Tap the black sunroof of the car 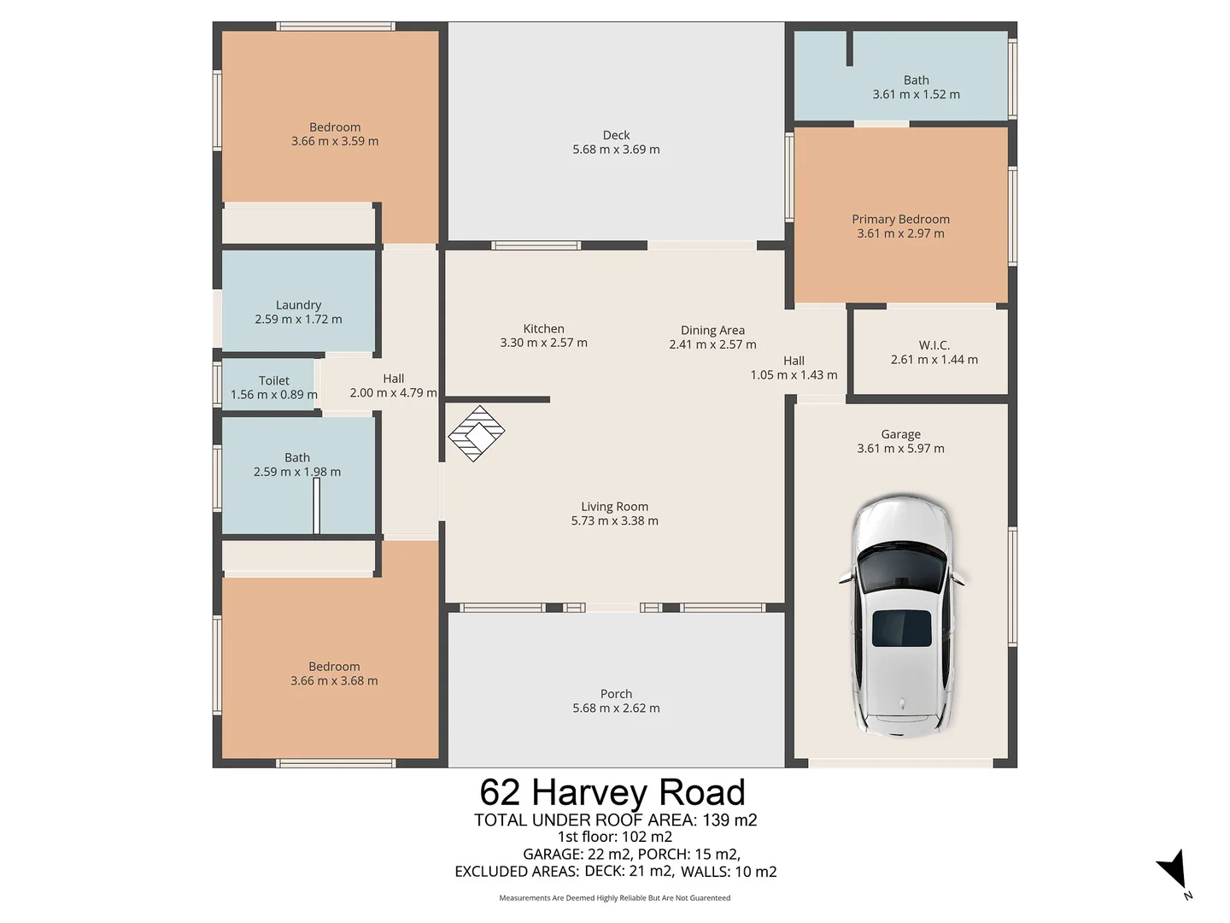pos(901,628)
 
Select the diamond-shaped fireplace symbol pos(477,433)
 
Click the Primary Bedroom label pos(900,220)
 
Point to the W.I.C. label pos(934,345)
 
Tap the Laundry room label pos(298,305)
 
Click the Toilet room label pos(273,381)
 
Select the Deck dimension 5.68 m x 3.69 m pos(616,150)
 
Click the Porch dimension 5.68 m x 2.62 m pos(616,708)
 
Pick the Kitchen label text pos(543,329)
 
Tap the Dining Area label pos(712,331)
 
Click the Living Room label pos(614,507)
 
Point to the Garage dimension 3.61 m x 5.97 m pos(900,449)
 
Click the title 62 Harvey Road pos(612,792)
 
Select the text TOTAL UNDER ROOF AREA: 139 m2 pos(615,820)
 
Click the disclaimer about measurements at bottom pos(614,898)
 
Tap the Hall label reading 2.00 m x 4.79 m pos(393,386)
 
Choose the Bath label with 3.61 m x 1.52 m pos(916,87)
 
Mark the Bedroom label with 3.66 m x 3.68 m pos(334,673)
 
